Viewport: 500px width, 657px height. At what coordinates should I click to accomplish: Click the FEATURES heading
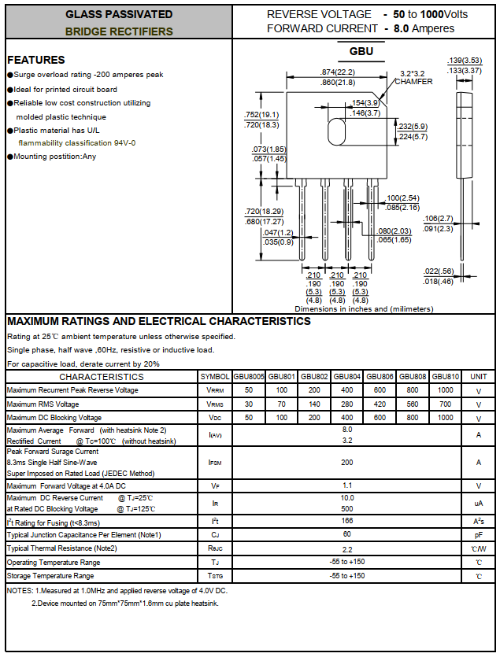[36, 60]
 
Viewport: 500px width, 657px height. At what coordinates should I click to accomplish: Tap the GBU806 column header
[380, 377]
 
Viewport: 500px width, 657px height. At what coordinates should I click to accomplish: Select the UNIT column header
[478, 377]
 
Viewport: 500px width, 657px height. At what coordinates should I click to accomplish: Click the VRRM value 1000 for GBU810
[445, 390]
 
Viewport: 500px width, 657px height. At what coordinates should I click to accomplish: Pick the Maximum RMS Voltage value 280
[346, 404]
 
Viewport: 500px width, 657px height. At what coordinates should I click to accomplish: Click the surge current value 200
[346, 463]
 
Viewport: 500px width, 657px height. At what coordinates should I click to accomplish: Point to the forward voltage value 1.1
[346, 485]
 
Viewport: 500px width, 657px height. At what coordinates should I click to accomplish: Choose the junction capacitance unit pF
[478, 535]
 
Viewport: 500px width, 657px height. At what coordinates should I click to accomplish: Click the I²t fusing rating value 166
[346, 522]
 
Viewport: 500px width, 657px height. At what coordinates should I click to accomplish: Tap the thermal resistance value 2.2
[346, 548]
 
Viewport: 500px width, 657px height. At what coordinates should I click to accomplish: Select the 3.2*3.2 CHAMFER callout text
[413, 77]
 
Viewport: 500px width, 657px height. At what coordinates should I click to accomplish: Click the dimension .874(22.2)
[338, 72]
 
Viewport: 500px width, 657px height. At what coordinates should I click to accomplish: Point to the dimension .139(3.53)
[465, 61]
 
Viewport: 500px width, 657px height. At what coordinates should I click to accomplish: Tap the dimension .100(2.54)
[402, 197]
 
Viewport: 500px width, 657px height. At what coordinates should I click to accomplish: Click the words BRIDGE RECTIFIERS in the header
[119, 31]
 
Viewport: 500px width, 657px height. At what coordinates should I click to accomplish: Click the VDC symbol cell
[215, 417]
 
